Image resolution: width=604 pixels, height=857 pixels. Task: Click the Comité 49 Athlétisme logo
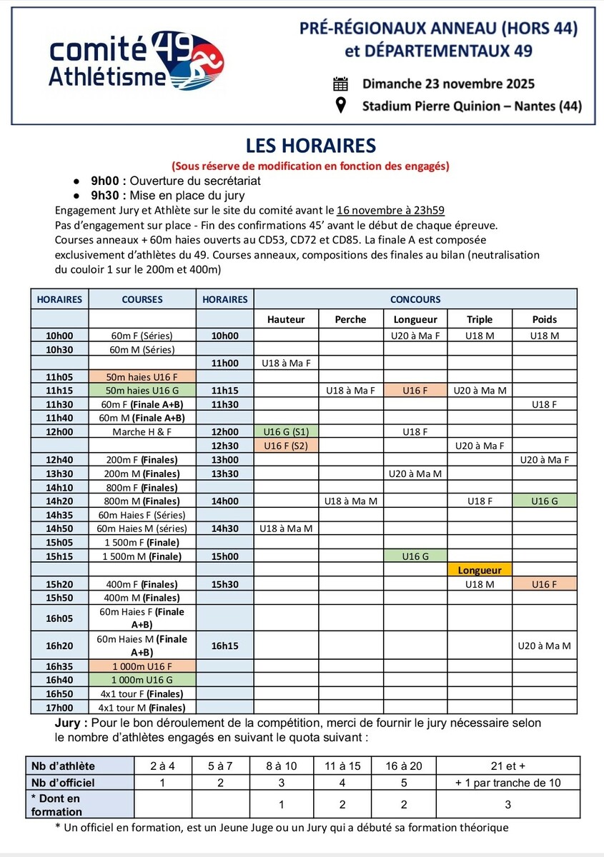[x=136, y=62]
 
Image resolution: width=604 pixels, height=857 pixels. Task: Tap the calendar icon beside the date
[x=341, y=84]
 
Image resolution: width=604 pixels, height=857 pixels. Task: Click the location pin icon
[x=341, y=106]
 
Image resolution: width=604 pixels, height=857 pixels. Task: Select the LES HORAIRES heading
[x=310, y=146]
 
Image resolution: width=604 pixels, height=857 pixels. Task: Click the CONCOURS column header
[x=415, y=299]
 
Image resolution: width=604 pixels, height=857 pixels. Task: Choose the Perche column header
[x=350, y=319]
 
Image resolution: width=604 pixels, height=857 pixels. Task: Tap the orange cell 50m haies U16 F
[x=142, y=376]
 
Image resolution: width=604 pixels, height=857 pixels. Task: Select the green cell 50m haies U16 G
[x=142, y=391]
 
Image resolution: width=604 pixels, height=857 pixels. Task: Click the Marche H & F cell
[x=142, y=432]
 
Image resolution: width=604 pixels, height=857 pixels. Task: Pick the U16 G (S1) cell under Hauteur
[x=286, y=432]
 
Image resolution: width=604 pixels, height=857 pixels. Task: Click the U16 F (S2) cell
[x=286, y=446]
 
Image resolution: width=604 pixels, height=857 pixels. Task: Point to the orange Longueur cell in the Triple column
[x=480, y=570]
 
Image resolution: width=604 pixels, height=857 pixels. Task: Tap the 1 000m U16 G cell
[x=142, y=680]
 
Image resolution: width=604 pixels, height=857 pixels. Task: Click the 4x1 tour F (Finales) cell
[x=142, y=693]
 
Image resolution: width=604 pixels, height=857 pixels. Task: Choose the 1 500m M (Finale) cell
[x=142, y=556]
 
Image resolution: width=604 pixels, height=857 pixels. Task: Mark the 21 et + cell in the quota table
[x=508, y=766]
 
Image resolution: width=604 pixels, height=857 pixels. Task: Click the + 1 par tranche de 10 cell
[x=508, y=782]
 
